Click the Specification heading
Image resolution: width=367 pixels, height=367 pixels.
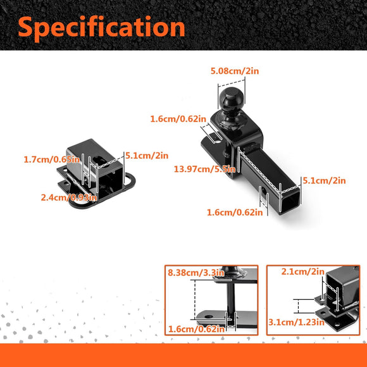point(101,27)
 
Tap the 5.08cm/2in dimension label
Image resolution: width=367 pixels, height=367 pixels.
point(235,71)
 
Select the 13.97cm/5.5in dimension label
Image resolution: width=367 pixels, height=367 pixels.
point(204,169)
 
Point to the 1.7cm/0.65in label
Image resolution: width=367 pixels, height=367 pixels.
point(52,159)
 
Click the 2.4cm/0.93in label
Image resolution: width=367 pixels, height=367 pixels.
point(69,197)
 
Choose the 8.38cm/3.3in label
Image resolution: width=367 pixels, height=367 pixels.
point(196,273)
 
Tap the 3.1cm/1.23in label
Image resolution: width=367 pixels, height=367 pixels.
point(296,322)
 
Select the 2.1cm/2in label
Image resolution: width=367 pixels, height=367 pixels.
point(303,271)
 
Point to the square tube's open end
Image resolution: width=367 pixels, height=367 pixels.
point(290,201)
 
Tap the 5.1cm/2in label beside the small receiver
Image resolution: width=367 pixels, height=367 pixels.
point(147,156)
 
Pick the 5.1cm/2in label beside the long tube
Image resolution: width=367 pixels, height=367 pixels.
point(324,180)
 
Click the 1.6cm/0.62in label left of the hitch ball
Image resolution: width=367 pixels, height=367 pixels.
point(178,119)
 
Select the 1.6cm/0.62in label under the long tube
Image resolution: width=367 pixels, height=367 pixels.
point(235,213)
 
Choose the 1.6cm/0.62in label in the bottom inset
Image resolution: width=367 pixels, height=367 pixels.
point(196,329)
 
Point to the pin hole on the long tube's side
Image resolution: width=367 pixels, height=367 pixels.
point(264,192)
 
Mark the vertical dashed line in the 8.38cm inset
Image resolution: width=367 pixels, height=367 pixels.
point(195,299)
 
